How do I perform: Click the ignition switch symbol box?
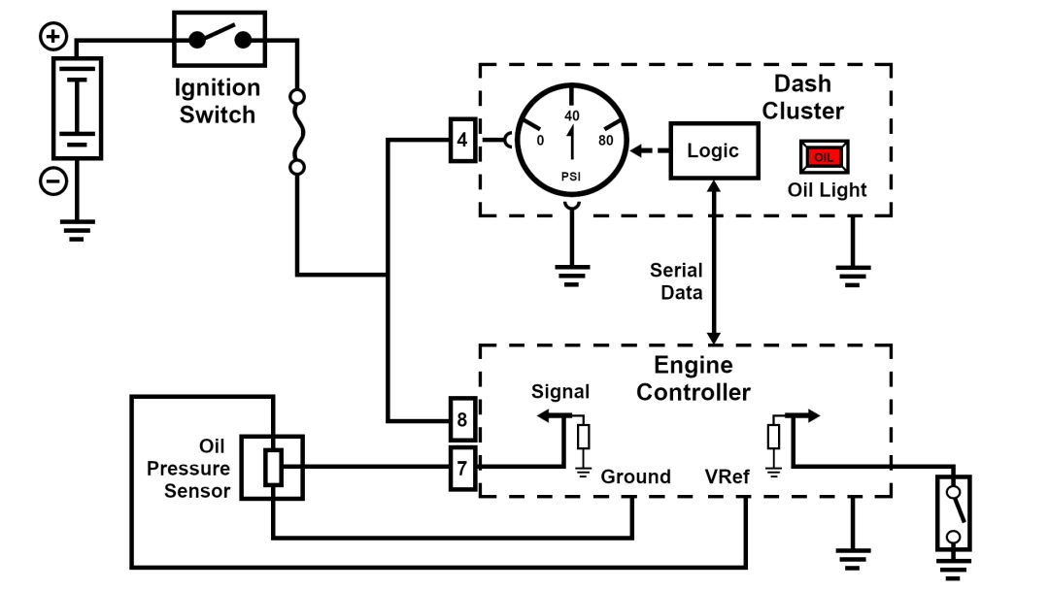click(x=220, y=40)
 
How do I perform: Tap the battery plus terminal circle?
click(x=53, y=39)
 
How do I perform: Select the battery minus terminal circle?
click(x=53, y=180)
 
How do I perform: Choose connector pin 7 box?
click(x=462, y=469)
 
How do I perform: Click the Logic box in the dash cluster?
click(x=713, y=151)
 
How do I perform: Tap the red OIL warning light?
click(x=824, y=157)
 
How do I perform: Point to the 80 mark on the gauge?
click(x=606, y=140)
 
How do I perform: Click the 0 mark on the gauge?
click(x=540, y=140)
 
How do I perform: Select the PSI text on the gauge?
click(x=572, y=176)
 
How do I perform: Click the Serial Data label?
click(x=676, y=281)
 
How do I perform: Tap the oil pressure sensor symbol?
click(x=273, y=467)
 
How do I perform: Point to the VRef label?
click(x=726, y=477)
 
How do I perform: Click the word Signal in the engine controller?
click(x=560, y=392)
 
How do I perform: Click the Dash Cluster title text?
click(x=802, y=97)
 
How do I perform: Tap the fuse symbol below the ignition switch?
click(x=298, y=133)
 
